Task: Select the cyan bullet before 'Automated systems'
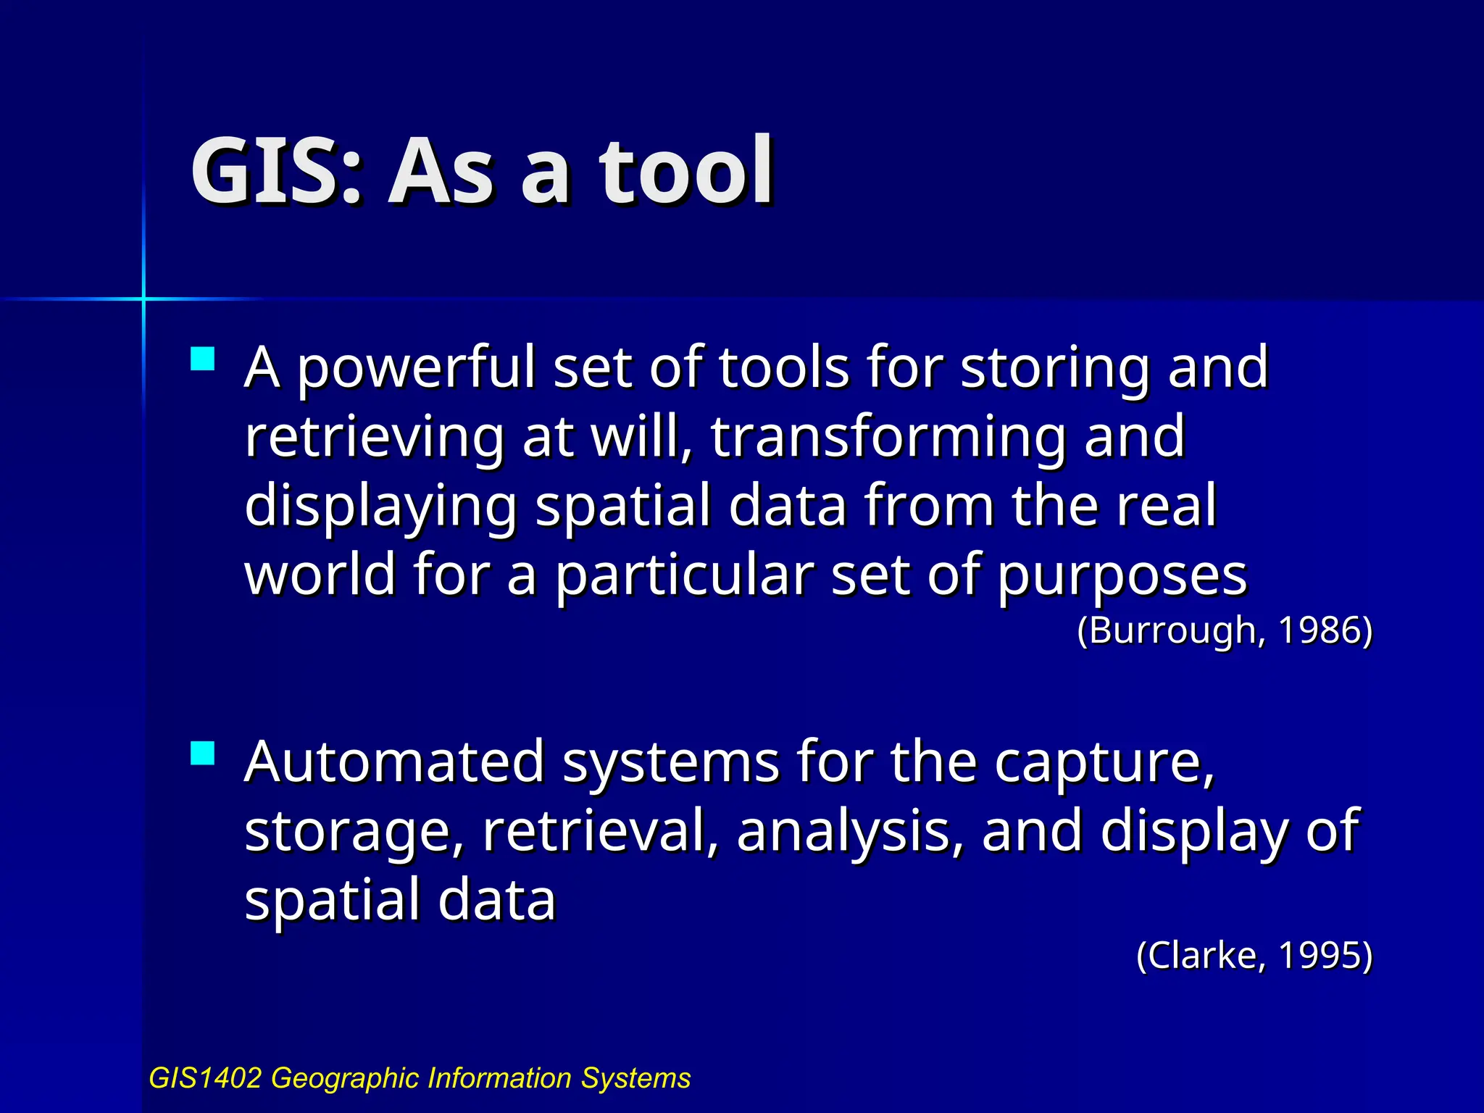click(x=203, y=754)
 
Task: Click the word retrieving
click(x=374, y=438)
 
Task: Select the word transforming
click(x=888, y=438)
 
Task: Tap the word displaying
click(x=380, y=507)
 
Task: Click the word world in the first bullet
click(x=320, y=574)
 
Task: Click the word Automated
click(x=394, y=762)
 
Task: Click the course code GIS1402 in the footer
click(x=204, y=1078)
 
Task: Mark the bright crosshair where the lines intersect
click(x=143, y=298)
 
